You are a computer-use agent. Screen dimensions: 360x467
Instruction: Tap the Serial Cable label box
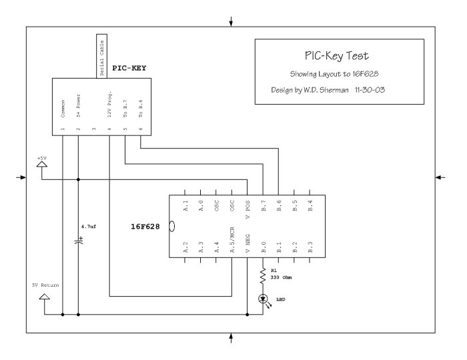click(101, 56)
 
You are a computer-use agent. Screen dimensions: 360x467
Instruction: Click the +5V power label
click(43, 159)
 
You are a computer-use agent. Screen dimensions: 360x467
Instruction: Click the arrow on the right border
click(440, 177)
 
